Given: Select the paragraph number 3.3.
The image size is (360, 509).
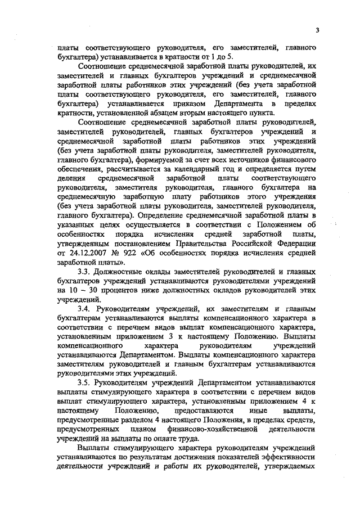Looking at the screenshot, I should (x=84, y=271).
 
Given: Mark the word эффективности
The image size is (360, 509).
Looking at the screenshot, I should (x=289, y=456).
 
